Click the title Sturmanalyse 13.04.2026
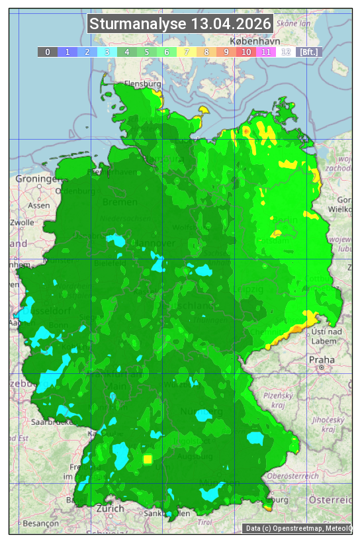(180, 24)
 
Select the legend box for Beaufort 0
(47, 52)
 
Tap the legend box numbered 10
(246, 52)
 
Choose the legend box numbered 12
(285, 52)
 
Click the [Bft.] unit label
(308, 52)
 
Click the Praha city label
(321, 359)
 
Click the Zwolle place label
(22, 222)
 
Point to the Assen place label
(39, 205)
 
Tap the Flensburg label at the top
(143, 84)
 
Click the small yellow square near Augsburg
(148, 459)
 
